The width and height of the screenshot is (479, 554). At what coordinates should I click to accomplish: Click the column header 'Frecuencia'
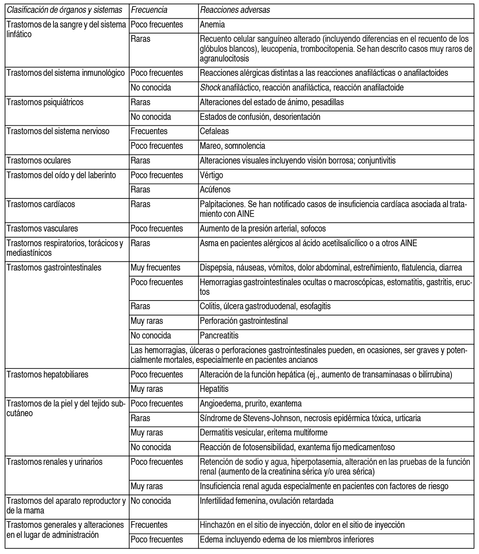[149, 10]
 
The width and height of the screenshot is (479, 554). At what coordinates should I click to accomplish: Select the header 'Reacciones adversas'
[235, 10]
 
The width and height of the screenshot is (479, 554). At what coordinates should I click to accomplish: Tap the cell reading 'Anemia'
[212, 24]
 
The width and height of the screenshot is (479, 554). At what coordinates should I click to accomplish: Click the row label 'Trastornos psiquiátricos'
[45, 102]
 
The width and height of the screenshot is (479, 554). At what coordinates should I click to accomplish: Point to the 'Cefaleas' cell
[214, 131]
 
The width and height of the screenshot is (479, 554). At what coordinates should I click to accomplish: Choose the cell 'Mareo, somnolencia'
[232, 146]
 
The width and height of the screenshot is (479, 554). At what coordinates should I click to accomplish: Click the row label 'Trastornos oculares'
[39, 160]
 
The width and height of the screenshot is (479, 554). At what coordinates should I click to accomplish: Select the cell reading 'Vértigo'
[212, 175]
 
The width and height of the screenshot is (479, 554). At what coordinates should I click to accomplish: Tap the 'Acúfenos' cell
[215, 190]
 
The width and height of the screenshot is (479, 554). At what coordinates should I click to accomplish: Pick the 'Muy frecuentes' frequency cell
[155, 267]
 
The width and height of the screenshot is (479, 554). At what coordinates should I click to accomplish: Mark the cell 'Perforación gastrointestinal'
[243, 321]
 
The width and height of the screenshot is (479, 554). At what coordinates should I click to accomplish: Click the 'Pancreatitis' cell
[219, 336]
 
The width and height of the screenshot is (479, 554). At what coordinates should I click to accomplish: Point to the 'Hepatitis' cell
[214, 389]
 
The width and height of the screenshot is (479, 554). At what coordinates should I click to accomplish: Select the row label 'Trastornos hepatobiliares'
[48, 375]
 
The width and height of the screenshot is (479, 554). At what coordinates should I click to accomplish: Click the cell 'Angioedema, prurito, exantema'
[251, 404]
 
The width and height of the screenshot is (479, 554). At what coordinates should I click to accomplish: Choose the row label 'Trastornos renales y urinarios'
[55, 462]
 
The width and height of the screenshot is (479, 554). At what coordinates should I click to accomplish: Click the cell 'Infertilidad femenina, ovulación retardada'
[266, 501]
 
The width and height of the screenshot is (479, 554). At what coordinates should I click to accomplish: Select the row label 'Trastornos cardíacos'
[41, 204]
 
